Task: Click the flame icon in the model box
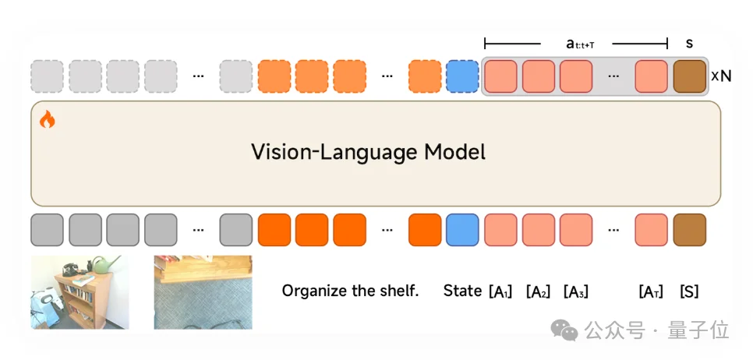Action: [x=48, y=119]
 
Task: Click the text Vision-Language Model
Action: [x=368, y=152]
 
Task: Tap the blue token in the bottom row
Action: [x=462, y=230]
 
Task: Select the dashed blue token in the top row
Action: [x=462, y=76]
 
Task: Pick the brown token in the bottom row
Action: [x=689, y=230]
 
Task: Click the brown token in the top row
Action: [x=689, y=76]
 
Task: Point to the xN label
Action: [x=720, y=77]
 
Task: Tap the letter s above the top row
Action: [x=689, y=44]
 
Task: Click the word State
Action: [x=462, y=291]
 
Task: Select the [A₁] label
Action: [x=500, y=292]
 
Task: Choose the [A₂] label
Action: [x=538, y=292]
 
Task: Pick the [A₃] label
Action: [x=575, y=292]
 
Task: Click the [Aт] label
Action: [x=651, y=292]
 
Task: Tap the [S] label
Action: [x=689, y=292]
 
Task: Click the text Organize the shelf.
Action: [x=350, y=291]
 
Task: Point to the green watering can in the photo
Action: [x=106, y=265]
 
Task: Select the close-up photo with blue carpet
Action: [x=203, y=292]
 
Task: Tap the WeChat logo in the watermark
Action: [x=564, y=330]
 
